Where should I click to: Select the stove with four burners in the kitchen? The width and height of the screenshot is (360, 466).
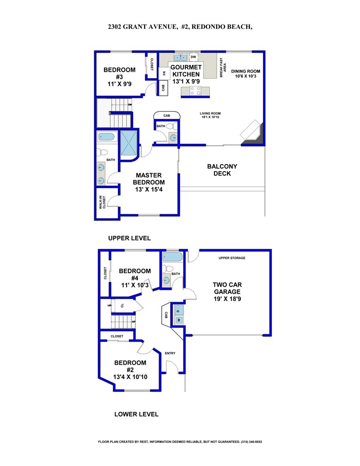click(x=195, y=91)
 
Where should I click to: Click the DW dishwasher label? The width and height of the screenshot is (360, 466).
click(x=193, y=57)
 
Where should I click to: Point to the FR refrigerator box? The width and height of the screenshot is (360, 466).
click(x=164, y=74)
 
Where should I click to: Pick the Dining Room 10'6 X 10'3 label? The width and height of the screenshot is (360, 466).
click(x=247, y=74)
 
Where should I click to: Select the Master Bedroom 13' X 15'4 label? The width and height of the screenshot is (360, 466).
click(x=149, y=182)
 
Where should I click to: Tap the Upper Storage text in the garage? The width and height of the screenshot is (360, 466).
click(x=232, y=258)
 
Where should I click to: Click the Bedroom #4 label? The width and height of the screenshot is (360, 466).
click(x=134, y=278)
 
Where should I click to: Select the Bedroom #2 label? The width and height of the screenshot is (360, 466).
click(x=130, y=370)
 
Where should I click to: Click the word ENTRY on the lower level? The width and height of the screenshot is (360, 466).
click(x=170, y=354)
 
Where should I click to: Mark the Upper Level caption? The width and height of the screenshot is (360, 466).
click(x=129, y=239)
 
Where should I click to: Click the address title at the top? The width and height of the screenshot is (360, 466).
click(x=180, y=27)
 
